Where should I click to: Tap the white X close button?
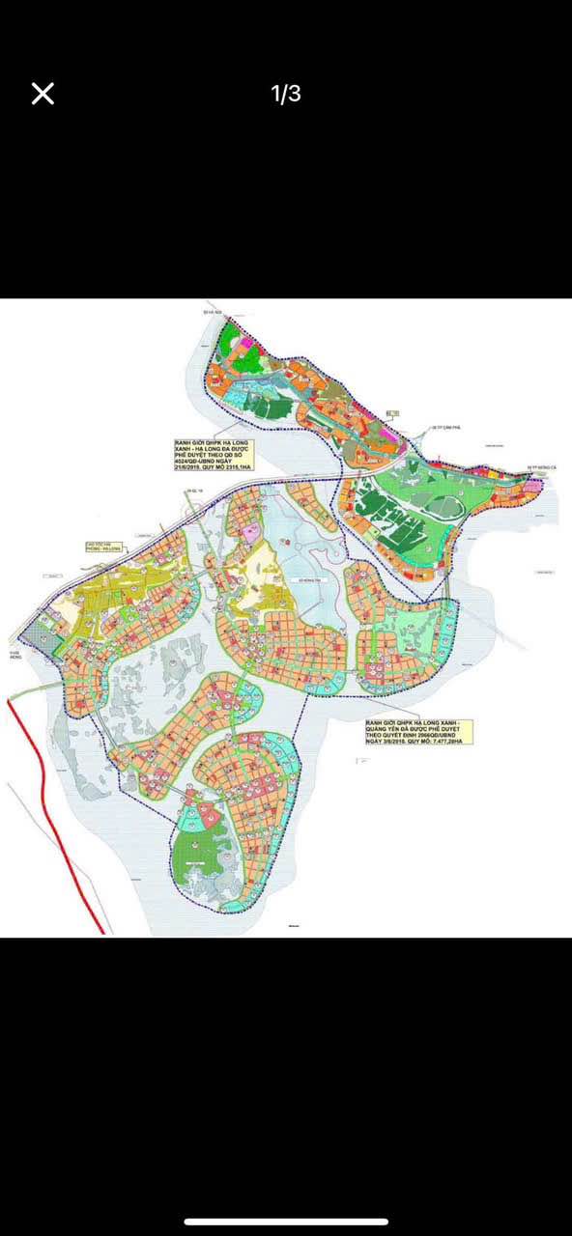pyautogui.click(x=43, y=94)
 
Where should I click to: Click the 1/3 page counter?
pyautogui.click(x=286, y=94)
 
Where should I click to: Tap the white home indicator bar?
pyautogui.click(x=286, y=1222)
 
